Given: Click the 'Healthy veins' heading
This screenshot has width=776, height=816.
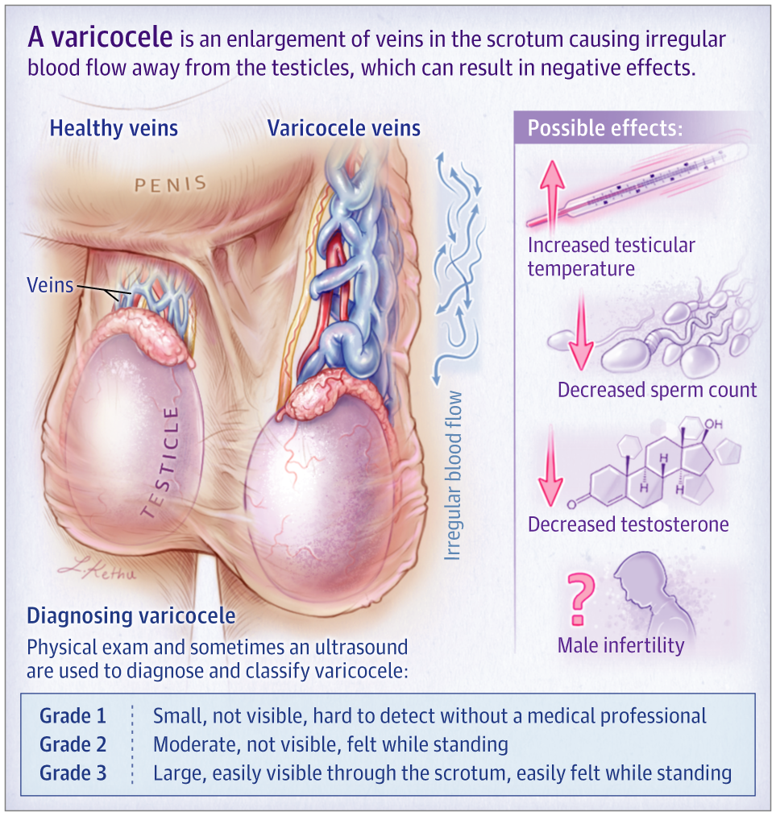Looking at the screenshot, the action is pyautogui.click(x=114, y=128).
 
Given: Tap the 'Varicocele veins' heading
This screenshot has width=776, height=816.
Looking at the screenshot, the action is pyautogui.click(x=344, y=128).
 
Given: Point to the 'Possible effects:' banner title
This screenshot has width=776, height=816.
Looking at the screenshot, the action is pyautogui.click(x=604, y=129).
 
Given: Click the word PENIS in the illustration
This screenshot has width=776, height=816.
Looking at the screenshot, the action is pyautogui.click(x=170, y=184).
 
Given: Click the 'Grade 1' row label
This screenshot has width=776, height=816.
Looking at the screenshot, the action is pyautogui.click(x=73, y=716).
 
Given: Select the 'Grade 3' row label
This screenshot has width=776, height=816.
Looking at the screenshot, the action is pyautogui.click(x=73, y=774).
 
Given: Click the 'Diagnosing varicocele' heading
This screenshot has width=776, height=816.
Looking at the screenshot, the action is pyautogui.click(x=131, y=616).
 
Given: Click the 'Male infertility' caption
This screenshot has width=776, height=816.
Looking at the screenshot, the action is pyautogui.click(x=620, y=645).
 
